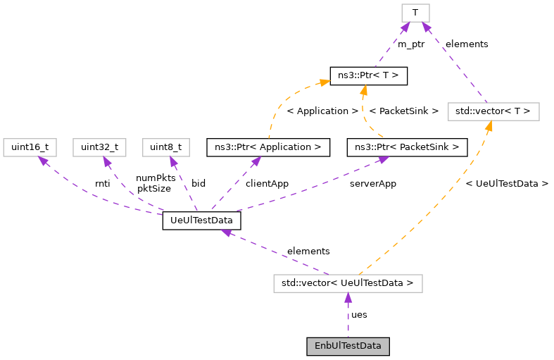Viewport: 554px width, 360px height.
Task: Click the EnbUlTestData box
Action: coord(348,346)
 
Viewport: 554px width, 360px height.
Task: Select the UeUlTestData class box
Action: coord(201,221)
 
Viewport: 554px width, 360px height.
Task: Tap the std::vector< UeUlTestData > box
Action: coord(348,283)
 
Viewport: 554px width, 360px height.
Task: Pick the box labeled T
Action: coord(416,13)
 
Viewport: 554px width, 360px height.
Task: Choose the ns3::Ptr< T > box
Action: coord(368,75)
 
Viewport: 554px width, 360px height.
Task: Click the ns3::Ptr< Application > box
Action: coord(267,147)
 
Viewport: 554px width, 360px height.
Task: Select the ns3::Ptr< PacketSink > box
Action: coord(407,147)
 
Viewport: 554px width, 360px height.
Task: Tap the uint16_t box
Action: coord(30,147)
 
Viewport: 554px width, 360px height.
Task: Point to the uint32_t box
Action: coord(99,147)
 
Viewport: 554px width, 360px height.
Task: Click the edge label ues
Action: coord(359,314)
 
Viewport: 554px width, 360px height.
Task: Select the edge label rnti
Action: coord(102,183)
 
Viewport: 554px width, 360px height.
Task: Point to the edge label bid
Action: coord(199,183)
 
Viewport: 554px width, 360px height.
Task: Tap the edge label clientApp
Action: coord(267,183)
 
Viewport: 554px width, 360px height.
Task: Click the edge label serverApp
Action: coord(373,183)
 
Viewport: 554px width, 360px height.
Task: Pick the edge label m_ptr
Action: coord(411,44)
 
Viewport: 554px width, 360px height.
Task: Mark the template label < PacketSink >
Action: coord(404,111)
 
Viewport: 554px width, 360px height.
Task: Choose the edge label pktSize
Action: coord(154,188)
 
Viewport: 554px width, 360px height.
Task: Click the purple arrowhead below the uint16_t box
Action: coord(43,161)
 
